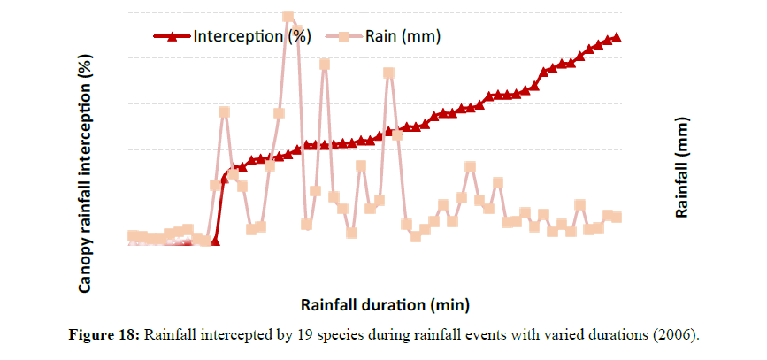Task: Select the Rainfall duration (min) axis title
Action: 384,306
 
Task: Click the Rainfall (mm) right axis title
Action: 682,168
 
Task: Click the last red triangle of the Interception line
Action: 617,37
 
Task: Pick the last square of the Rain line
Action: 617,217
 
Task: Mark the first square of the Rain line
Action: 132,235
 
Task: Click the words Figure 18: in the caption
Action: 104,335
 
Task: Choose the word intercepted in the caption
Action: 234,335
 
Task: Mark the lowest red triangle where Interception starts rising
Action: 215,241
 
